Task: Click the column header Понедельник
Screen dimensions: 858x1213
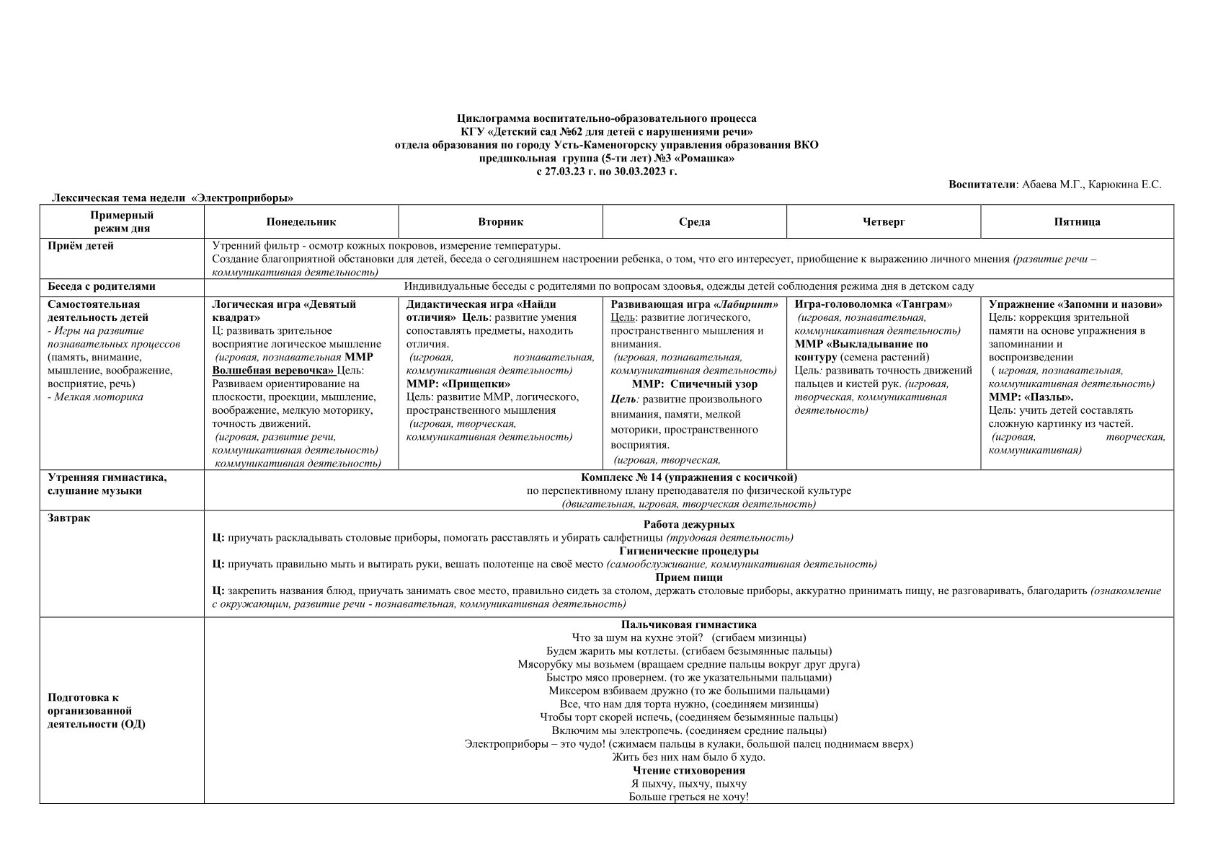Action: (x=301, y=222)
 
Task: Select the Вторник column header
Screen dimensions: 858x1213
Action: (x=500, y=222)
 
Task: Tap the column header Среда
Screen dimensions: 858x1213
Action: (x=694, y=222)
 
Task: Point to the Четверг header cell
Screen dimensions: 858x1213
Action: (x=883, y=222)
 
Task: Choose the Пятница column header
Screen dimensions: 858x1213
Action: (x=1077, y=222)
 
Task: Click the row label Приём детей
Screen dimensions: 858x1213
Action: (x=81, y=246)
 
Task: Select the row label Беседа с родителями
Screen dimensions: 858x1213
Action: (x=101, y=286)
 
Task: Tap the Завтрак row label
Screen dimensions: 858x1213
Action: (x=69, y=518)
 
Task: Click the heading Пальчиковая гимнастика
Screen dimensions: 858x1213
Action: (x=688, y=624)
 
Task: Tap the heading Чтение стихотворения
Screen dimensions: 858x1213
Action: (x=688, y=770)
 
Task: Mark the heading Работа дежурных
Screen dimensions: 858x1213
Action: (x=688, y=524)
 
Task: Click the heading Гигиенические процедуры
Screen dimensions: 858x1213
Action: (x=688, y=551)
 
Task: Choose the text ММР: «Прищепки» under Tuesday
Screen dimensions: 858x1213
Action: (x=458, y=384)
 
